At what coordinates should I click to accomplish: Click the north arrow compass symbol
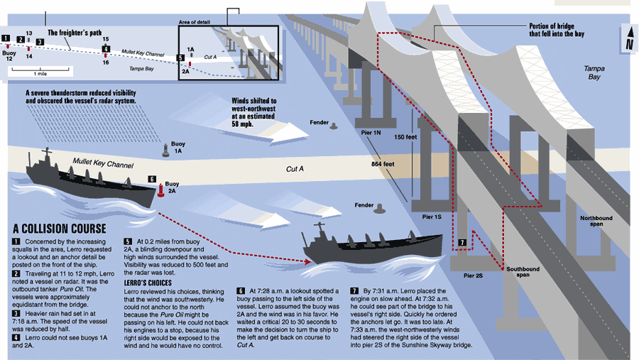[x=628, y=39]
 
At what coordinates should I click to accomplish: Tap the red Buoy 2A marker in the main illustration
[x=161, y=191]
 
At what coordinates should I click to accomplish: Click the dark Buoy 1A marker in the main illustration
[x=169, y=148]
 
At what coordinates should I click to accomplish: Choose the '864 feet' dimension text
[x=382, y=164]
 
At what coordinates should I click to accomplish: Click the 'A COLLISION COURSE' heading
[x=59, y=229]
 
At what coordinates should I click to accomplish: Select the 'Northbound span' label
[x=596, y=221]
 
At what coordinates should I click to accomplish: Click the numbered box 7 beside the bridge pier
[x=461, y=243]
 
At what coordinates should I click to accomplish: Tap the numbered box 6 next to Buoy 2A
[x=151, y=180]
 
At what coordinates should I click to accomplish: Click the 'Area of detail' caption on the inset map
[x=194, y=23]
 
